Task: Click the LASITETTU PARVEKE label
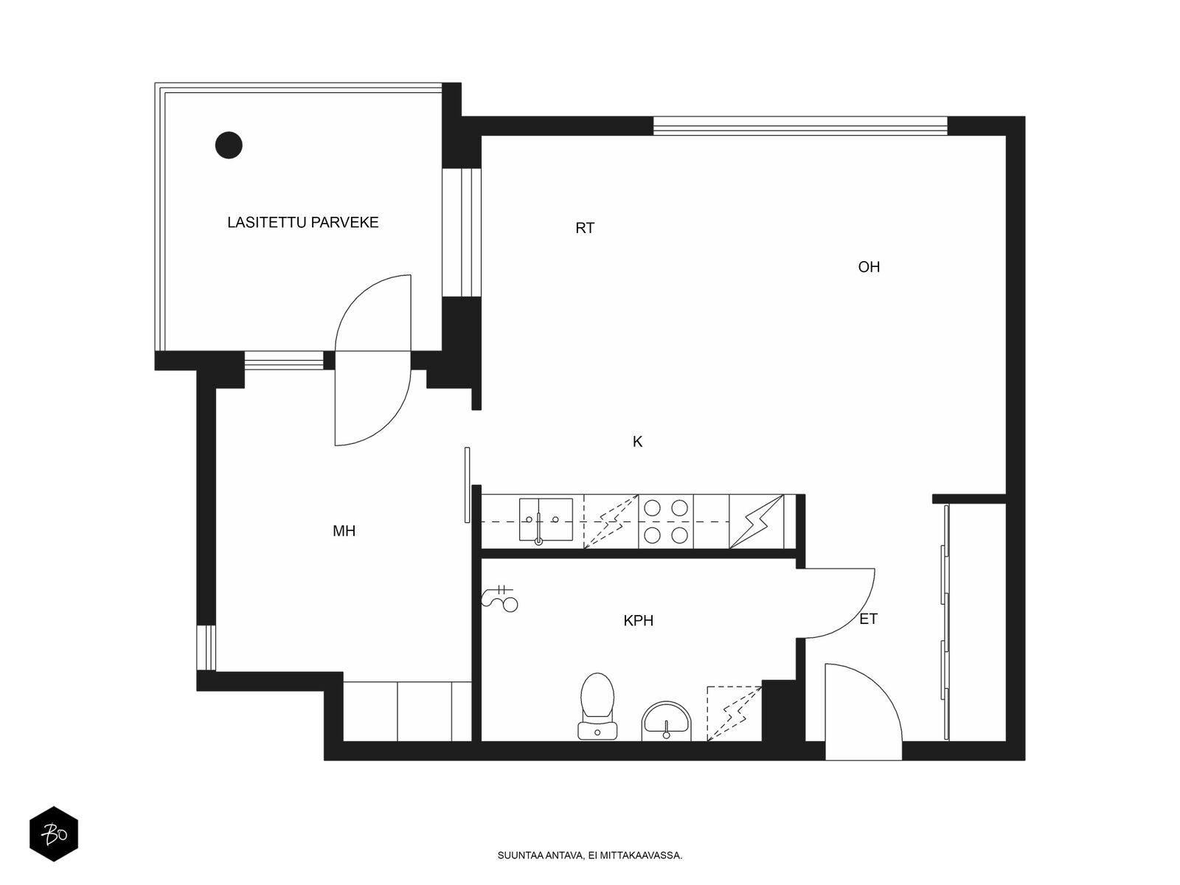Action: [302, 223]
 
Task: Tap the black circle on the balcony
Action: [229, 145]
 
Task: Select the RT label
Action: [585, 229]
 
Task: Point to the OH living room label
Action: [869, 267]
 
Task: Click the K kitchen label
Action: [638, 442]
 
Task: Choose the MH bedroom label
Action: [344, 532]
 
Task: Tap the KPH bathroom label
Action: [639, 621]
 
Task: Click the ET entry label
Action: [868, 619]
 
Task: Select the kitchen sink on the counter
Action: [546, 520]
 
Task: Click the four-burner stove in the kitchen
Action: [666, 521]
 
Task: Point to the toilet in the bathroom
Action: [597, 707]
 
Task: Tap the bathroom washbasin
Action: [666, 721]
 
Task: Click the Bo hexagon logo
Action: [54, 834]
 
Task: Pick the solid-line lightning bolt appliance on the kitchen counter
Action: [757, 521]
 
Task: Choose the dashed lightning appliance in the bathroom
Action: [735, 714]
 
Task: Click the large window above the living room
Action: [800, 125]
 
